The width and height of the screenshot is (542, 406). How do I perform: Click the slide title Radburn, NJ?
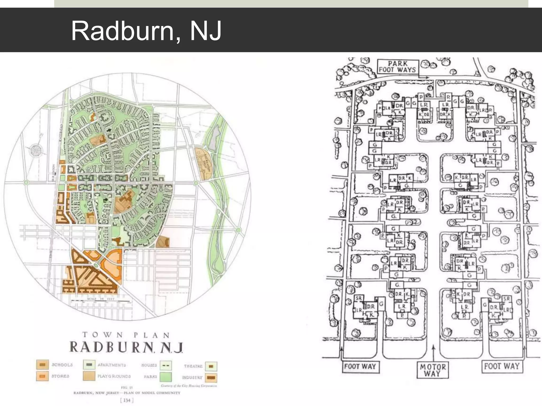click(x=146, y=31)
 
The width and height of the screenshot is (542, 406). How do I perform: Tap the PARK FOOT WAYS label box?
click(x=398, y=67)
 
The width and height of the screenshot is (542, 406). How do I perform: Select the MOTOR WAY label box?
click(x=433, y=370)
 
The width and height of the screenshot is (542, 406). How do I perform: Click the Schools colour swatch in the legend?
click(x=42, y=365)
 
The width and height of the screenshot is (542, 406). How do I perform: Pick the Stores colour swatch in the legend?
click(x=42, y=376)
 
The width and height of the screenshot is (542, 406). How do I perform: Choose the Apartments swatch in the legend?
click(x=89, y=365)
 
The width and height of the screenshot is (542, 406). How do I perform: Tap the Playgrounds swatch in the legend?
click(x=89, y=376)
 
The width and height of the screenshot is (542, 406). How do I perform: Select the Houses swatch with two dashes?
click(x=166, y=365)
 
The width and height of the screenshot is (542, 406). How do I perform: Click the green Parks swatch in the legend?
click(x=166, y=377)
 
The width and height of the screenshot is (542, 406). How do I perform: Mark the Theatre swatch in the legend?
click(x=211, y=366)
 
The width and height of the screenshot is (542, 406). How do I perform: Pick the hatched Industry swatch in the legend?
click(x=211, y=377)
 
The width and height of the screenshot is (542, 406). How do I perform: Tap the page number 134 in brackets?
click(x=127, y=400)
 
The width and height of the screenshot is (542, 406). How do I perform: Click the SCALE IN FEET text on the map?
click(x=101, y=299)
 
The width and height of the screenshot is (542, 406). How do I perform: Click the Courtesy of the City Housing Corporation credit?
click(x=189, y=386)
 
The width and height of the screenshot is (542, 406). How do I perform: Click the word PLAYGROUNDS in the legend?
click(x=114, y=376)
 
